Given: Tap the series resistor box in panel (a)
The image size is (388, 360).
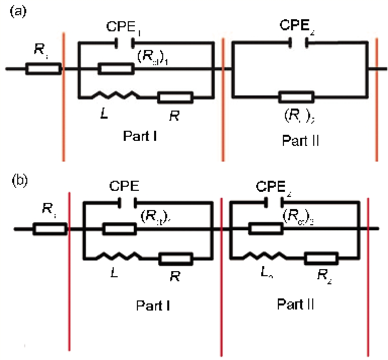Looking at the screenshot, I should (x=43, y=69).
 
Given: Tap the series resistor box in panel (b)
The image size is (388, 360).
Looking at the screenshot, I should (x=49, y=230).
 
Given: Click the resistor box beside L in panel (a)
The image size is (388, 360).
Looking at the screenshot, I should (x=175, y=96).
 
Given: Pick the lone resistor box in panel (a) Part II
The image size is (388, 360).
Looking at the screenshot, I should (x=296, y=96).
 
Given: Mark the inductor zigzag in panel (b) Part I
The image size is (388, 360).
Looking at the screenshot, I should (x=121, y=258).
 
